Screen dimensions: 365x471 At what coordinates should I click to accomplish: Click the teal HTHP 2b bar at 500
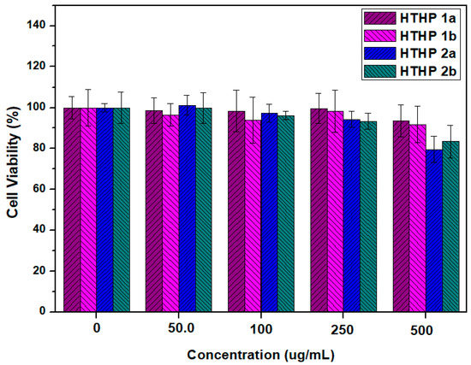click(x=450, y=227)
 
